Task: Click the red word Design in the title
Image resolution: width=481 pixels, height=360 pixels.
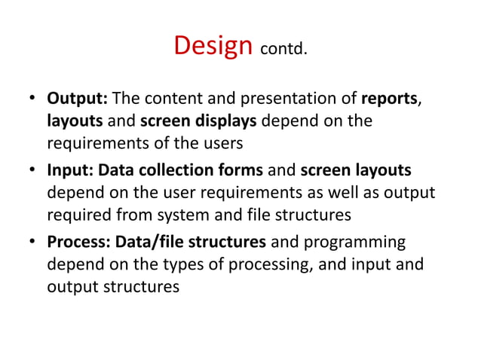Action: (213, 46)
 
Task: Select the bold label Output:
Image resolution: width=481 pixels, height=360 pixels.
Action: (79, 101)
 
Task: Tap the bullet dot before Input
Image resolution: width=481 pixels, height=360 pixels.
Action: (34, 172)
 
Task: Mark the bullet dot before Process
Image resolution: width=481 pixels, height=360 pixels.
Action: (34, 243)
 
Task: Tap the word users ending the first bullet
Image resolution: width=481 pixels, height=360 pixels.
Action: (227, 143)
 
